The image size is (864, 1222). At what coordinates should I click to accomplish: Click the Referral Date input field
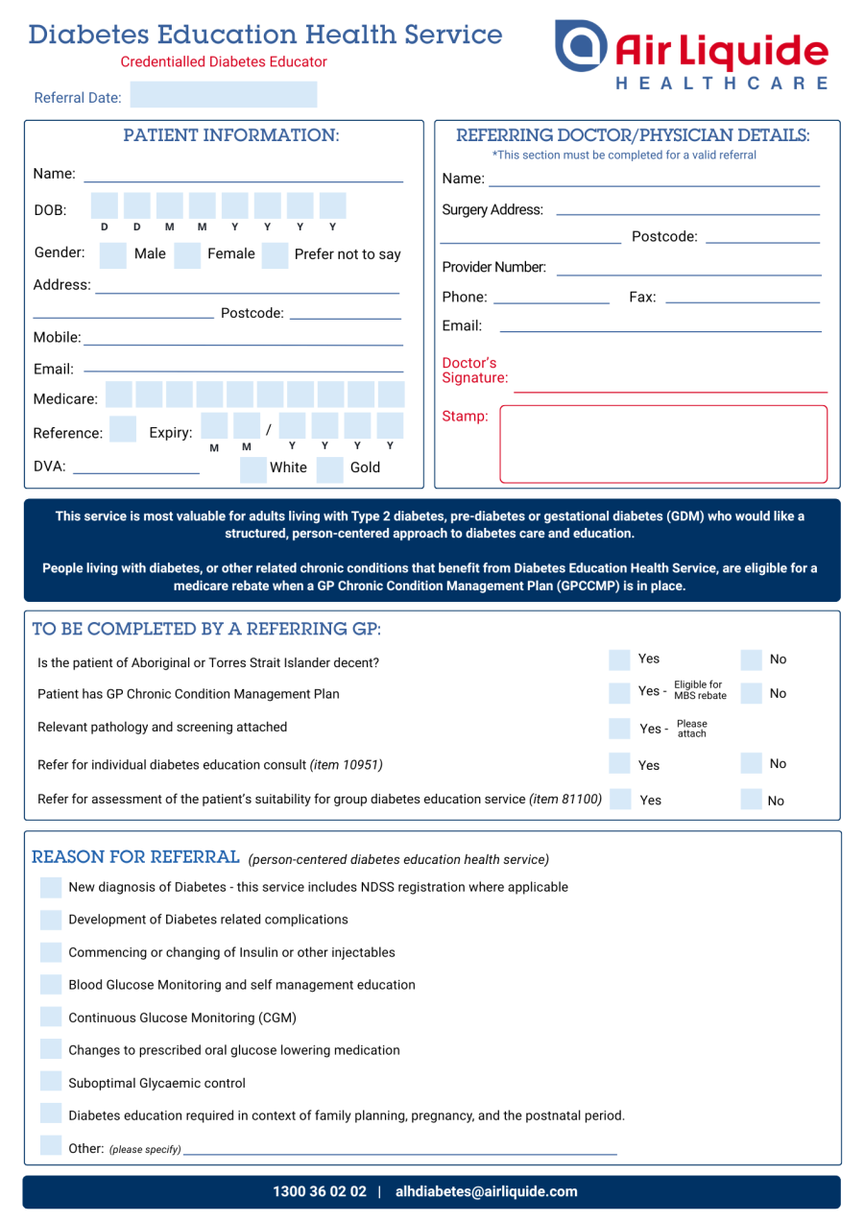click(x=223, y=95)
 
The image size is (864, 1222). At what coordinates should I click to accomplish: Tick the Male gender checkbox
click(x=113, y=255)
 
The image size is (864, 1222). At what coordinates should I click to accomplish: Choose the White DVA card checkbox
click(x=253, y=468)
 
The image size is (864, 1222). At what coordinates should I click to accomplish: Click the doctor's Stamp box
click(x=662, y=443)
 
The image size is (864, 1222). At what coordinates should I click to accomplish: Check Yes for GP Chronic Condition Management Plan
click(x=622, y=692)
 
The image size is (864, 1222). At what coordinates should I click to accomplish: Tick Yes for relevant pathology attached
click(x=622, y=728)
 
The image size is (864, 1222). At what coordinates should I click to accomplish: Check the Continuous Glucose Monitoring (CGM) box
click(x=52, y=1018)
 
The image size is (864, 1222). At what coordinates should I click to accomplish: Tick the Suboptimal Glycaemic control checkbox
click(x=52, y=1083)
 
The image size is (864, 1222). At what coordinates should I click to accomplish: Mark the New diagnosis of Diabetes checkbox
click(x=52, y=887)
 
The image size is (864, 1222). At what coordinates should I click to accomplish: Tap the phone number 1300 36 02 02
click(x=320, y=1192)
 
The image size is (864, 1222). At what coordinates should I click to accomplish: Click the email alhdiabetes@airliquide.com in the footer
click(x=487, y=1192)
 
